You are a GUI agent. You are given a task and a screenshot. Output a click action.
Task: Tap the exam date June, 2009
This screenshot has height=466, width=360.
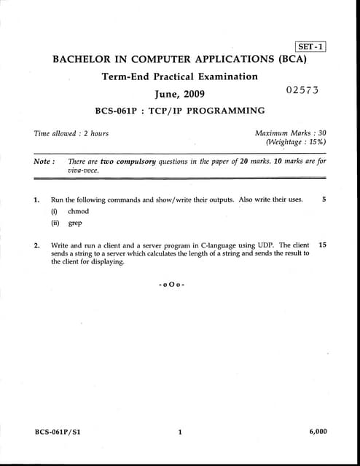coord(180,94)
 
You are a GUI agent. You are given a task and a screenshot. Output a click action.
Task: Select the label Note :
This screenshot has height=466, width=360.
coord(44,161)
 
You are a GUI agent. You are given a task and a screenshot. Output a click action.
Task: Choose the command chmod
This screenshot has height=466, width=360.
coord(78,211)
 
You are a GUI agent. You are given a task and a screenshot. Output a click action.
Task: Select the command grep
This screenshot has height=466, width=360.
coord(75,224)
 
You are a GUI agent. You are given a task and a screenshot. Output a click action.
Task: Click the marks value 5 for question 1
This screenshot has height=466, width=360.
coord(324,198)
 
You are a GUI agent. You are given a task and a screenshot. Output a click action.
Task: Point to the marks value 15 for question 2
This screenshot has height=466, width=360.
coord(323,245)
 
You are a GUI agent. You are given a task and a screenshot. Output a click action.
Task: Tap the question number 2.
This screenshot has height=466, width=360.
coord(36,245)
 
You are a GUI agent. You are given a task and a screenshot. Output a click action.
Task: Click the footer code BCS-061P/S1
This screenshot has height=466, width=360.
coord(58,432)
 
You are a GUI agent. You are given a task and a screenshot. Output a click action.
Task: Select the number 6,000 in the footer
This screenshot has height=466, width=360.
coord(318,432)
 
